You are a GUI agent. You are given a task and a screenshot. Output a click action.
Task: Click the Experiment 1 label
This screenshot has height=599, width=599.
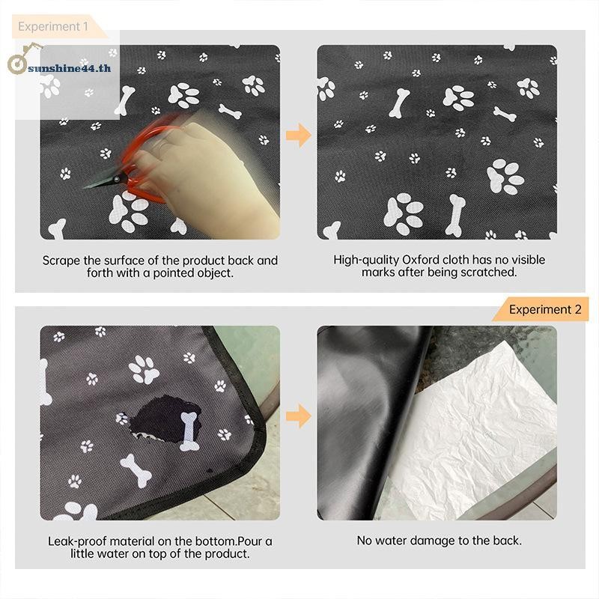(x=53, y=26)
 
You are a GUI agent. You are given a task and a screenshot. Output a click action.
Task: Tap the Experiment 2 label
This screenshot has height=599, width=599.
(x=545, y=309)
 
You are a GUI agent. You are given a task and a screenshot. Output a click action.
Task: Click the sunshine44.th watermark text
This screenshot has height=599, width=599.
(x=70, y=68)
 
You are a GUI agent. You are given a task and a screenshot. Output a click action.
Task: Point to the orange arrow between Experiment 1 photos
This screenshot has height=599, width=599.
(x=299, y=136)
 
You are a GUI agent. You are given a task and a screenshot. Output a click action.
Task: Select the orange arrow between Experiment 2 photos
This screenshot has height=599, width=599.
(x=299, y=416)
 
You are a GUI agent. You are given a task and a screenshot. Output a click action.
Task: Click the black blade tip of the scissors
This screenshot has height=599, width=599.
(x=85, y=188)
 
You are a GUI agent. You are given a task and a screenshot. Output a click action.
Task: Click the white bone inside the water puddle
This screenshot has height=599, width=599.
(x=189, y=431)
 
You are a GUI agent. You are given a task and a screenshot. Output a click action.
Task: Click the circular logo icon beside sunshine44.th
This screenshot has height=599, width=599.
(x=17, y=64)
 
